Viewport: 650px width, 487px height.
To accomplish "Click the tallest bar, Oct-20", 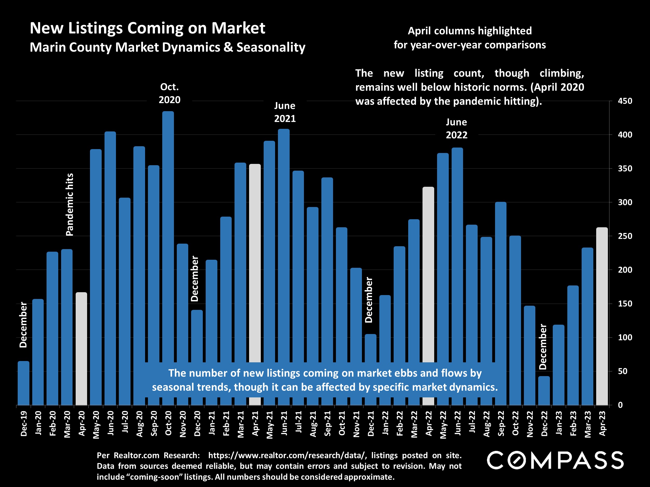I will (x=168, y=235).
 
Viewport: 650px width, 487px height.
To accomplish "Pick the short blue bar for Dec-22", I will (x=544, y=390).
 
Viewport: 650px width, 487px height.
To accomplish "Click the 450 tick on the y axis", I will (x=625, y=101).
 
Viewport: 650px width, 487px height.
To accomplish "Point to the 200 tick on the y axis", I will (x=625, y=270).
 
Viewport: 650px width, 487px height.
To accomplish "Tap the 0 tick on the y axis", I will (x=620, y=405).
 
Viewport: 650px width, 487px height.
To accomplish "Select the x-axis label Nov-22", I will (x=530, y=424).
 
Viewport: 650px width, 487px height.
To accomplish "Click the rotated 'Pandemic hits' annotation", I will (x=70, y=205).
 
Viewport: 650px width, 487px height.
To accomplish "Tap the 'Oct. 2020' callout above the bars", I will (x=170, y=93).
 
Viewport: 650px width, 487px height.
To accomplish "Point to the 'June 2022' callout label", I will (x=456, y=129).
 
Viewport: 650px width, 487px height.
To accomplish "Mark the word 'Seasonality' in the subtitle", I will (x=271, y=47).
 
